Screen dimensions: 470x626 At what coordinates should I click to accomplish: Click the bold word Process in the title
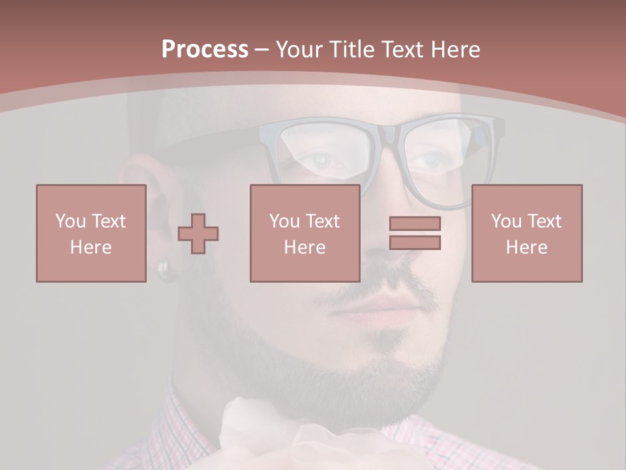click(x=205, y=50)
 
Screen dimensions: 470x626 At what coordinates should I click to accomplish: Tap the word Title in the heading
click(x=353, y=50)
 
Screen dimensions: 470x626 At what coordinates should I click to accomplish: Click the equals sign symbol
click(x=415, y=233)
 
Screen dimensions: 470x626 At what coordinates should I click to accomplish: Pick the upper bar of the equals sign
click(x=415, y=223)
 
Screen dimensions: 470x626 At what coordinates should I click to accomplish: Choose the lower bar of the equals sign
click(x=415, y=243)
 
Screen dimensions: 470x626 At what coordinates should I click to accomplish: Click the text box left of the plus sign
click(x=91, y=233)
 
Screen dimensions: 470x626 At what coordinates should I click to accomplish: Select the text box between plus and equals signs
click(x=305, y=233)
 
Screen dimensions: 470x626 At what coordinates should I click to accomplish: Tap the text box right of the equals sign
click(x=526, y=233)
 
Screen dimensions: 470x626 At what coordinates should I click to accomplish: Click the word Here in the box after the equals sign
click(x=526, y=247)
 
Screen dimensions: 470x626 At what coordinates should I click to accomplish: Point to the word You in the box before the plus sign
click(x=70, y=221)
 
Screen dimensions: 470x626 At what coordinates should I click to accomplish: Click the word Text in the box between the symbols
click(x=322, y=221)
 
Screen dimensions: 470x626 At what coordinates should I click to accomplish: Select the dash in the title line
click(x=262, y=50)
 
